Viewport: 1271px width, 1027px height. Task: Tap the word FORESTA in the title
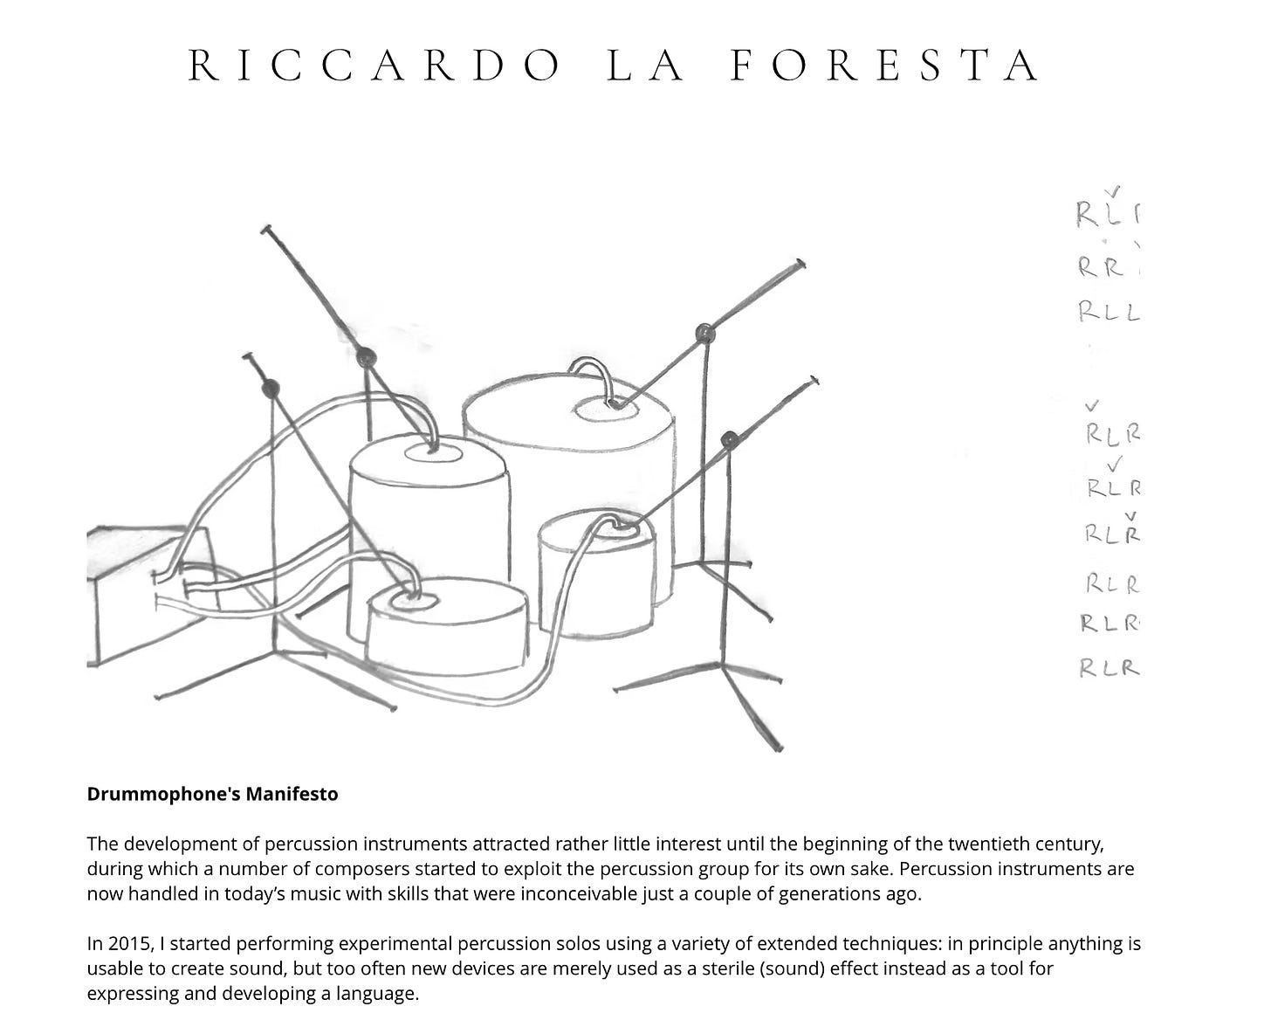coord(884,65)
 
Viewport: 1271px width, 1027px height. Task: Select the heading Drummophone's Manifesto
coord(212,794)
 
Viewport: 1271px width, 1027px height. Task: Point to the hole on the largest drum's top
coord(605,407)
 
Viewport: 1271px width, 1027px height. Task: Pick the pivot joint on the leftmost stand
coord(271,389)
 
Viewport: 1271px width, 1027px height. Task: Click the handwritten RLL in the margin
coord(1109,311)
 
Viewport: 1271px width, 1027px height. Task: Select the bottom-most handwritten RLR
coord(1109,668)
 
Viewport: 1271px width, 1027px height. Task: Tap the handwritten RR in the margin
coord(1101,267)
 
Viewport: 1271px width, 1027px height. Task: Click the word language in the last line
coord(381,993)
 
